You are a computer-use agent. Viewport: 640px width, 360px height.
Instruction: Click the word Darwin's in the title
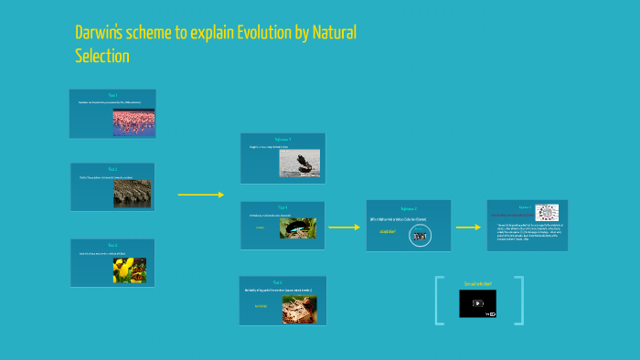coord(102,34)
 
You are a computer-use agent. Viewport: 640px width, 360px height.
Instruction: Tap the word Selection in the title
coord(101,57)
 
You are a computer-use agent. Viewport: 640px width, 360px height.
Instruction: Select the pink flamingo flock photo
coord(133,123)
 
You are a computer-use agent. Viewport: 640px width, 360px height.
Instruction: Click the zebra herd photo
coord(133,194)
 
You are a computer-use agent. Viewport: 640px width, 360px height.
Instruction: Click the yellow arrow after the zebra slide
coord(200,195)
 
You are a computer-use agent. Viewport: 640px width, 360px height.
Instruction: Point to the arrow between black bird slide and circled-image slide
coord(344,227)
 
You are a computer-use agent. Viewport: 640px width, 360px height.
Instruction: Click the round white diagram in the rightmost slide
coord(547,211)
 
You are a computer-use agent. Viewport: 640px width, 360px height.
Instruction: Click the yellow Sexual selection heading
coord(477,284)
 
